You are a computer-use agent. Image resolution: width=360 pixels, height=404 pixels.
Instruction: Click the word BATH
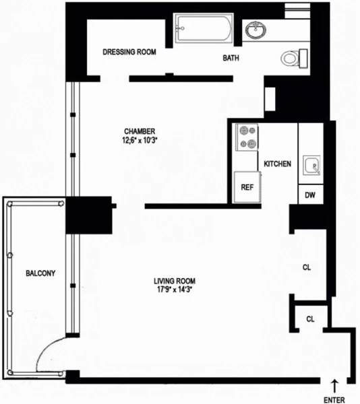(231, 59)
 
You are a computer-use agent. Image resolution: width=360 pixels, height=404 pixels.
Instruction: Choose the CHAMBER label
(140, 131)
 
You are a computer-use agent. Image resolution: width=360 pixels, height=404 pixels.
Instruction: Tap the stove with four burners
(245, 137)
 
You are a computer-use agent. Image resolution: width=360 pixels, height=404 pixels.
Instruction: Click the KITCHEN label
(277, 164)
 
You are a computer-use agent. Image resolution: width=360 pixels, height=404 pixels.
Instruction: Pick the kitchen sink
(311, 164)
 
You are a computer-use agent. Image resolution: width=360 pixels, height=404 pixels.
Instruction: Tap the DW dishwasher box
(311, 195)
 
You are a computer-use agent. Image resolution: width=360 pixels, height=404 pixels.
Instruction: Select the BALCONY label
(40, 273)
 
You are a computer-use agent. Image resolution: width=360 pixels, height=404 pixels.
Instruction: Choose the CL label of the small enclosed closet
(311, 318)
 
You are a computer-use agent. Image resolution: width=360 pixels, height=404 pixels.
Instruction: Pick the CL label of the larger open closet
(307, 267)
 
